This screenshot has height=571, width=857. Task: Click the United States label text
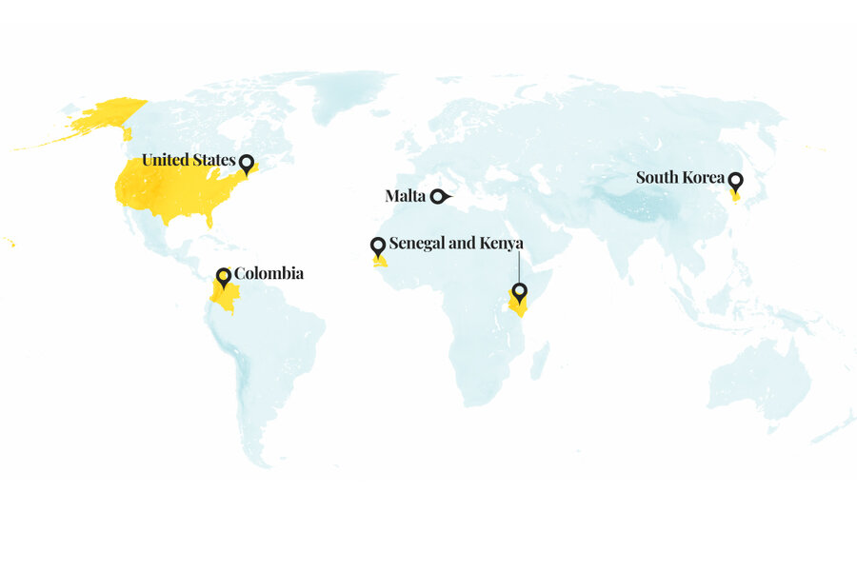click(x=188, y=160)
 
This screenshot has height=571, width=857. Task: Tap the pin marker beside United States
click(x=247, y=163)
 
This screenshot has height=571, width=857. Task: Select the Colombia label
click(x=269, y=274)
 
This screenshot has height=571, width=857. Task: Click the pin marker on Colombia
click(x=224, y=276)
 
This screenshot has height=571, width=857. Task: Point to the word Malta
click(x=405, y=197)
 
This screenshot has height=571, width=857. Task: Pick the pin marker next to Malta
click(x=439, y=197)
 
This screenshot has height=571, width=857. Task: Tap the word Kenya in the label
click(x=502, y=244)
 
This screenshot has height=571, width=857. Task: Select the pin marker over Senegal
click(x=377, y=246)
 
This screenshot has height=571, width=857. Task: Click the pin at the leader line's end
click(x=519, y=291)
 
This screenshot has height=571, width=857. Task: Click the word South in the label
click(x=657, y=178)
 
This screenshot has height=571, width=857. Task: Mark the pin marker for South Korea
click(x=735, y=181)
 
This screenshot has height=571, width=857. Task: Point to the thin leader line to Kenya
click(x=519, y=266)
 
